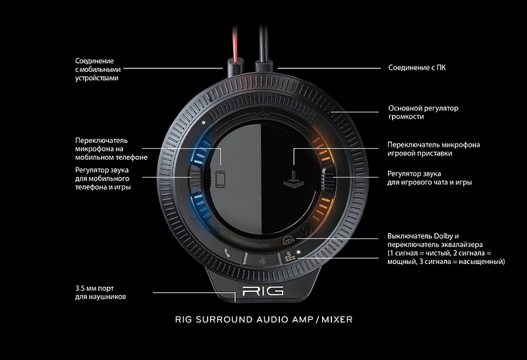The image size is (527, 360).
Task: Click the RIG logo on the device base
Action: (x=262, y=290)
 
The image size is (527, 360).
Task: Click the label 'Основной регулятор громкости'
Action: (x=423, y=112)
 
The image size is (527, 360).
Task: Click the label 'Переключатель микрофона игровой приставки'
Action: (x=433, y=149)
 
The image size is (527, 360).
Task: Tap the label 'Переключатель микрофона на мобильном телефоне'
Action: (x=111, y=149)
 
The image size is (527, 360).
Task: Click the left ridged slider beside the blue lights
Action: (x=196, y=178)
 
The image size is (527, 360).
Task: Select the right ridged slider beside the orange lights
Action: (x=329, y=178)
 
